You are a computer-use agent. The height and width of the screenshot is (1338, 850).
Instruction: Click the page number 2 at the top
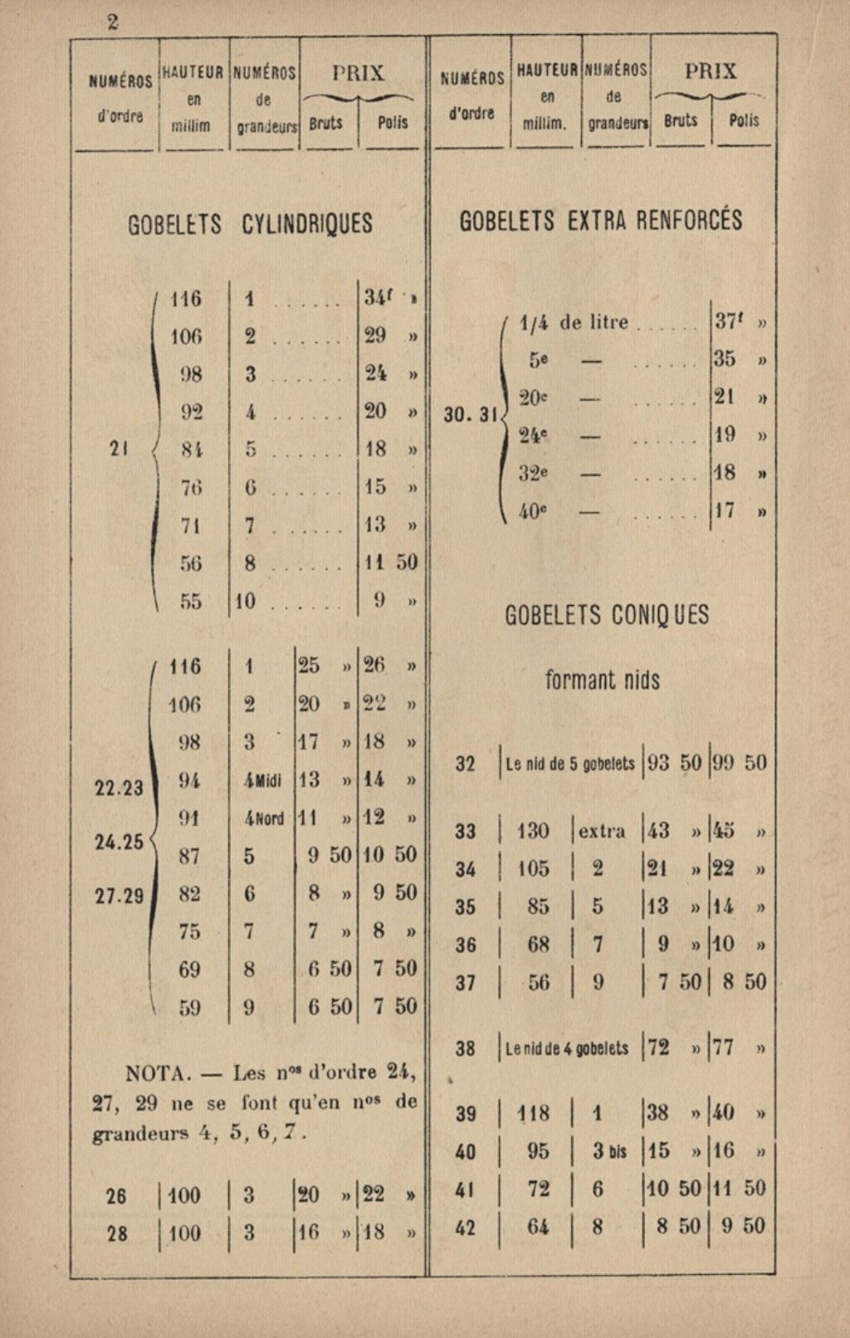[113, 22]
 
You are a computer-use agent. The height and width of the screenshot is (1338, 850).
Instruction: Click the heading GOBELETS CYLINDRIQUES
[250, 224]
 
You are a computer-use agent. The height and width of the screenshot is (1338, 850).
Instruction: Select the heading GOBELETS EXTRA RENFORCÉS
[601, 221]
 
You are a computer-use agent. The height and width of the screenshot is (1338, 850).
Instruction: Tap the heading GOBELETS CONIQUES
[607, 615]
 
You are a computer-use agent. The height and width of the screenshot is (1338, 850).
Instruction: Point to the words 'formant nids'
[602, 681]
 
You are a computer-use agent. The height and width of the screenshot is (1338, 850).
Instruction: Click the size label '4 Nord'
[263, 818]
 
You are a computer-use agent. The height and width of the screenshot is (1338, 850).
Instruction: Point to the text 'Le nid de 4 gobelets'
[567, 1049]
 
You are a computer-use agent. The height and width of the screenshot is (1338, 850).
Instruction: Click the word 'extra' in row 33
[603, 831]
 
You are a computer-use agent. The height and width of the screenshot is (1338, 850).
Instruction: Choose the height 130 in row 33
[532, 831]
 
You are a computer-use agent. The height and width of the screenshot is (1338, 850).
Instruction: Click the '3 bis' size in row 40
[609, 1151]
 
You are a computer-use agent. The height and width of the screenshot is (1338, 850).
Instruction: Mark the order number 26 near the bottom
[117, 1196]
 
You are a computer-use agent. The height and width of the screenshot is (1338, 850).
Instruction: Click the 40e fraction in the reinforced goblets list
[533, 512]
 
